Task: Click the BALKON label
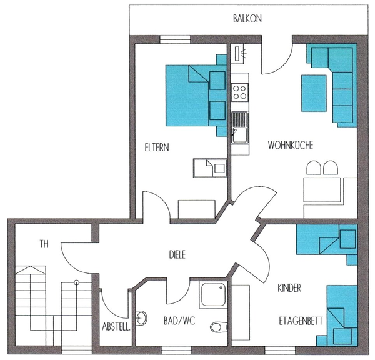(247, 18)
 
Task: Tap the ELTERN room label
(157, 147)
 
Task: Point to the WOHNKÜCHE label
(291, 145)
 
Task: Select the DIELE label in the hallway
(177, 255)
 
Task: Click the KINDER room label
(289, 288)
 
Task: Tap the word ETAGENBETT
(301, 321)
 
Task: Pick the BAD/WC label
(179, 321)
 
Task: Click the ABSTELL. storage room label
(116, 326)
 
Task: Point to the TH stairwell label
(44, 244)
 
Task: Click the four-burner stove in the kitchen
(239, 92)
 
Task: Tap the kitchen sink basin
(240, 134)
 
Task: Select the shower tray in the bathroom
(213, 294)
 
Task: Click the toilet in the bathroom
(219, 326)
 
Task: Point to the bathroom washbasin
(141, 318)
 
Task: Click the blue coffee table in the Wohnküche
(314, 93)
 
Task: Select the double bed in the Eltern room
(196, 96)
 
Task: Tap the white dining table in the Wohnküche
(322, 190)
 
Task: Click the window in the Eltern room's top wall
(175, 39)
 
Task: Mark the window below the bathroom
(177, 350)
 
